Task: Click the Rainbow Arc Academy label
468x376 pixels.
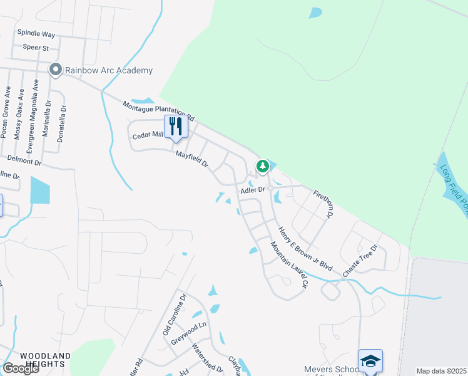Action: [109, 70]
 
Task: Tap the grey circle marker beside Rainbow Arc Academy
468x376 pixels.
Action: [56, 70]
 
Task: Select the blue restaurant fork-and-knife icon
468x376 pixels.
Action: [176, 126]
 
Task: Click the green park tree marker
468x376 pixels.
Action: [263, 166]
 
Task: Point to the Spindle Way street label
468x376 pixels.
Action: [36, 33]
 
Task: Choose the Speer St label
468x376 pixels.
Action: [36, 47]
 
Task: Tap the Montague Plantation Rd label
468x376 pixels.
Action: [159, 111]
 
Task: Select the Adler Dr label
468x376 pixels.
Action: [253, 189]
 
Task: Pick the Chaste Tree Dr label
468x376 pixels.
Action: [361, 260]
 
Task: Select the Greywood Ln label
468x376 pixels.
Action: [188, 334]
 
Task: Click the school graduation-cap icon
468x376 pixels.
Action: [370, 360]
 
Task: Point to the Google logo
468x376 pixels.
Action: [21, 368]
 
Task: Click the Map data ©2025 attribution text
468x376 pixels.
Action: [441, 371]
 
